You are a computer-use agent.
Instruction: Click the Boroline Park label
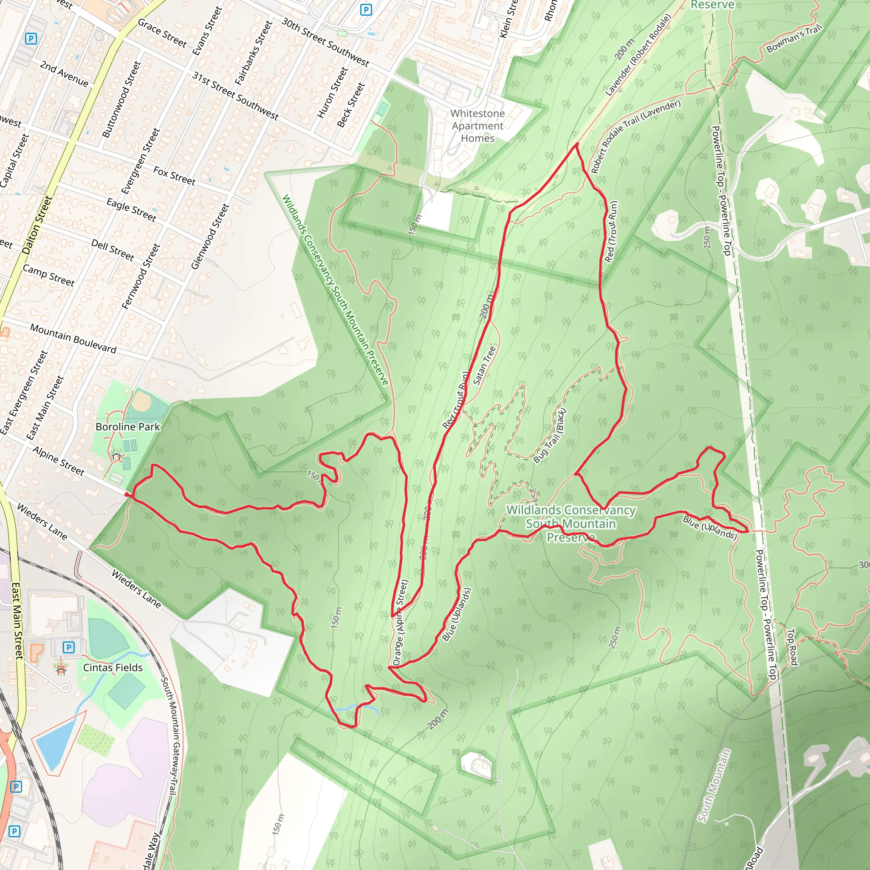point(127,427)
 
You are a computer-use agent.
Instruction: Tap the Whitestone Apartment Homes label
point(477,126)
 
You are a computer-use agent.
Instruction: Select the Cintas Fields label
point(113,667)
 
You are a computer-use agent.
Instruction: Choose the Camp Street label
point(48,276)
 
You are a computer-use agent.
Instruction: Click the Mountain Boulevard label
point(73,338)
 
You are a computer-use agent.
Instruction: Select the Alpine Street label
point(58,461)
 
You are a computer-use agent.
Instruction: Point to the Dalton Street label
point(37,225)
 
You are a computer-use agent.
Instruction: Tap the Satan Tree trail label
point(484,365)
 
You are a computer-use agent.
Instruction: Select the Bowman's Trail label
point(794,39)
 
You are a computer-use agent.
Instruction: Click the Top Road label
point(792,647)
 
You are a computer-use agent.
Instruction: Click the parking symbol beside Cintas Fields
point(68,647)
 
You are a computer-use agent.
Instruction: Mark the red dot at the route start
point(127,495)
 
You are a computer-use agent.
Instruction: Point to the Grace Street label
point(162,33)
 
